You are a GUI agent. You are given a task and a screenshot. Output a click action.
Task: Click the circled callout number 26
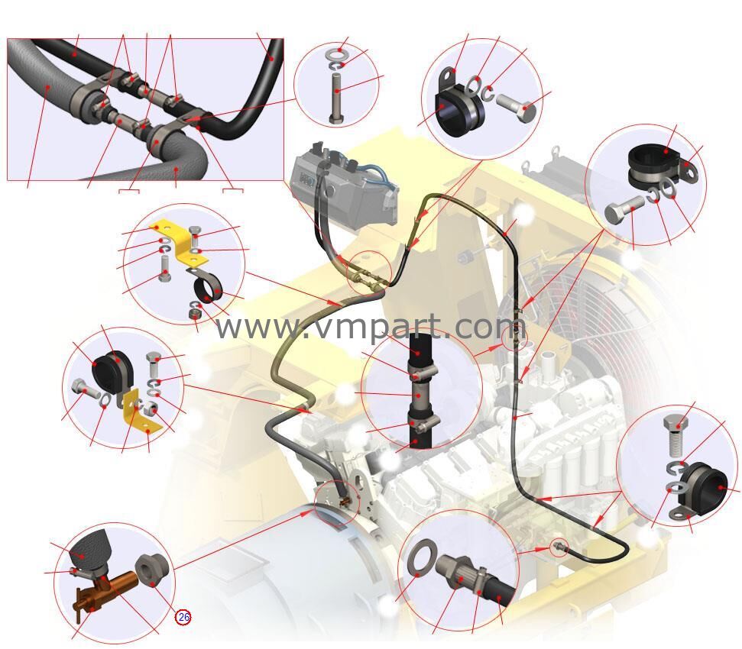point(183,617)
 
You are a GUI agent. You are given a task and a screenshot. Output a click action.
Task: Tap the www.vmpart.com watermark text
point(371,327)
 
